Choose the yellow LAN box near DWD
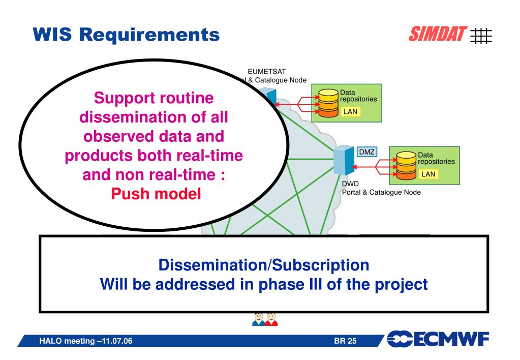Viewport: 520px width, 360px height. point(429,174)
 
